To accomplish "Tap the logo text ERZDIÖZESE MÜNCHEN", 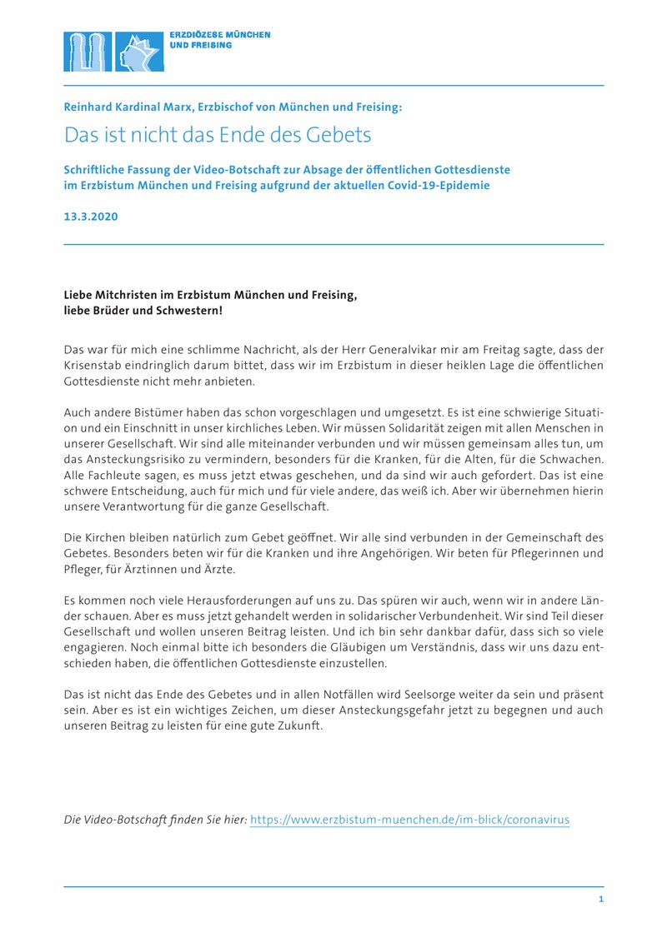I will click(220, 35).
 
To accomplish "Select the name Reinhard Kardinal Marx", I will click(133, 107).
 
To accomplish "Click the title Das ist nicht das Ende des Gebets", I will click(218, 134).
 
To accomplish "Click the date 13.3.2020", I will click(91, 217).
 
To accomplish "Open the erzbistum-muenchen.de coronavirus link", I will click(409, 820).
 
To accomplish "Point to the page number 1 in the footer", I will click(601, 900).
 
